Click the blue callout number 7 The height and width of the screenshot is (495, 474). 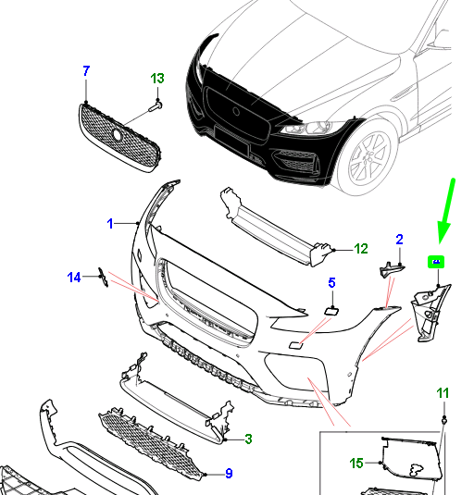click(x=86, y=70)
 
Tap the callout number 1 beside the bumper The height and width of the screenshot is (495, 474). click(x=109, y=223)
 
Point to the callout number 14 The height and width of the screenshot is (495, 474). click(x=74, y=276)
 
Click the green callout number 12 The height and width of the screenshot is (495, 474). click(x=361, y=248)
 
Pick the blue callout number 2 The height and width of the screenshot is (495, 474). click(x=399, y=240)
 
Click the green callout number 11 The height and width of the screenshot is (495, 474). click(x=443, y=394)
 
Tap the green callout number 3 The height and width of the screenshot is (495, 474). click(x=249, y=438)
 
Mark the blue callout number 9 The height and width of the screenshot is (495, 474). click(x=228, y=475)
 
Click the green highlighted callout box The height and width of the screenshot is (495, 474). click(x=435, y=262)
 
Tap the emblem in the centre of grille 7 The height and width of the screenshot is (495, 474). click(x=117, y=135)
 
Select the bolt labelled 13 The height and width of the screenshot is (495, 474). click(x=153, y=107)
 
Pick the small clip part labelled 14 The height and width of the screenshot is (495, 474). click(x=104, y=278)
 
